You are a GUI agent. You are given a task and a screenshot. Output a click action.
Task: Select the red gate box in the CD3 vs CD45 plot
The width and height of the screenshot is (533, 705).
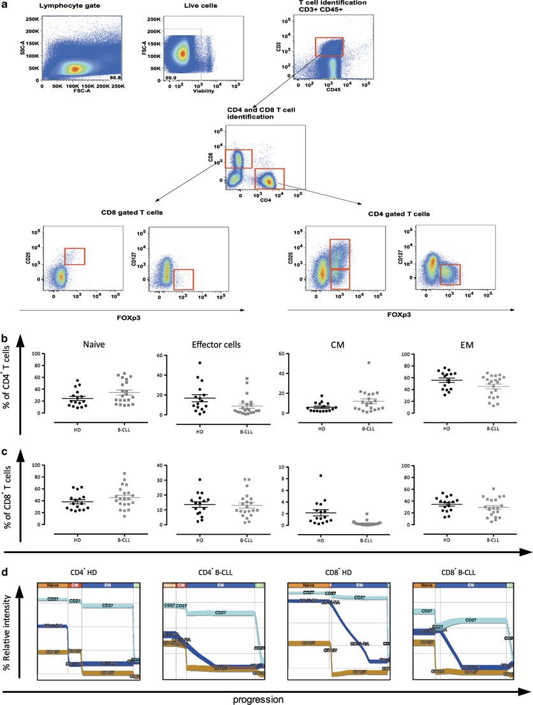328,47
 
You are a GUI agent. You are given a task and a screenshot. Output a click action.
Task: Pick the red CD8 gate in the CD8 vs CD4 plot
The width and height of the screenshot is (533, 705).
238,159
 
